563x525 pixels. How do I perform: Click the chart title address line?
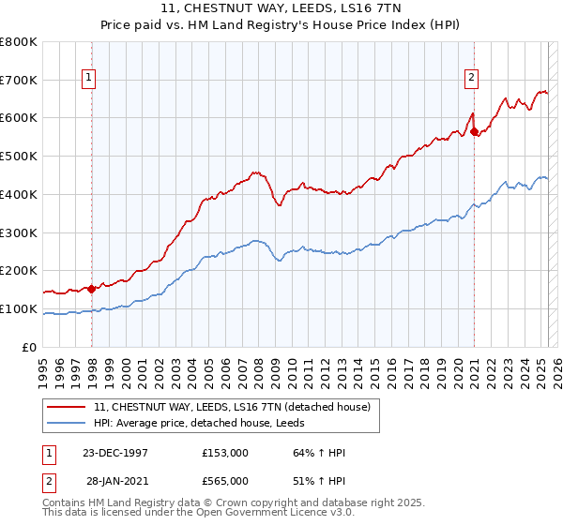tap(282, 8)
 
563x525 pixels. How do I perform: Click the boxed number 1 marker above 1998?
tap(88, 79)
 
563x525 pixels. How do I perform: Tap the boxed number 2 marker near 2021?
tap(470, 79)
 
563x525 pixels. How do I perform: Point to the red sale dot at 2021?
tap(475, 131)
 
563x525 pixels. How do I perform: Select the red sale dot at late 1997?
tap(92, 289)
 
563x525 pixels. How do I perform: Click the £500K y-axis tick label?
tap(19, 157)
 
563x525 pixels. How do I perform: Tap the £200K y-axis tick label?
tap(19, 271)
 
